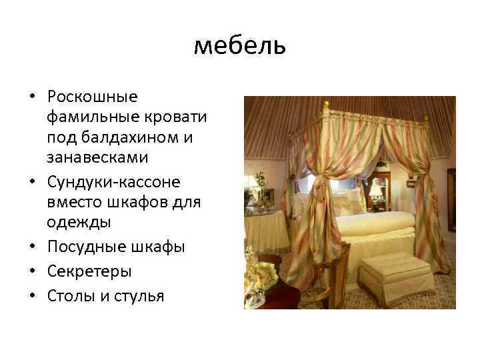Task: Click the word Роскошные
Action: pos(92,97)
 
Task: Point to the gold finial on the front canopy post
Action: pos(325,105)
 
